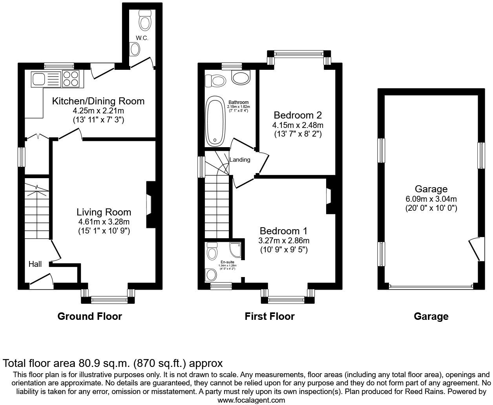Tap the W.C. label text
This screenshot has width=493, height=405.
pos(141,38)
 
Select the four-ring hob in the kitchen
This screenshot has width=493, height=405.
pos(71,78)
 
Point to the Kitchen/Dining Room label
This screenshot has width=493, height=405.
pos(98,101)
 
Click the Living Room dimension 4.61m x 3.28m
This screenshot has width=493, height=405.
pos(104,222)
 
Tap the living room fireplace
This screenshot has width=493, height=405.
pos(150,204)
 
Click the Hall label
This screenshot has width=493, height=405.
pos(35,264)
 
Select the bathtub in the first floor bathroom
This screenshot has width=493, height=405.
pos(215,121)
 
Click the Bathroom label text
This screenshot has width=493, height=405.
pos(239,103)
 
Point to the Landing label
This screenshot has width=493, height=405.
pos(239,160)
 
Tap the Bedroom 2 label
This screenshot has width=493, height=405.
pos(298,115)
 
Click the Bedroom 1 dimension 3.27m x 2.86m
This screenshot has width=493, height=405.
pos(284,240)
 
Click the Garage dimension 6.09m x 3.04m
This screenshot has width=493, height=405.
pos(431,199)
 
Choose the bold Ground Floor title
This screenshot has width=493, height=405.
pos(89,316)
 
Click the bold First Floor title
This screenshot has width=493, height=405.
pos(269,316)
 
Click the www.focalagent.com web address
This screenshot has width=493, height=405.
pos(251,400)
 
